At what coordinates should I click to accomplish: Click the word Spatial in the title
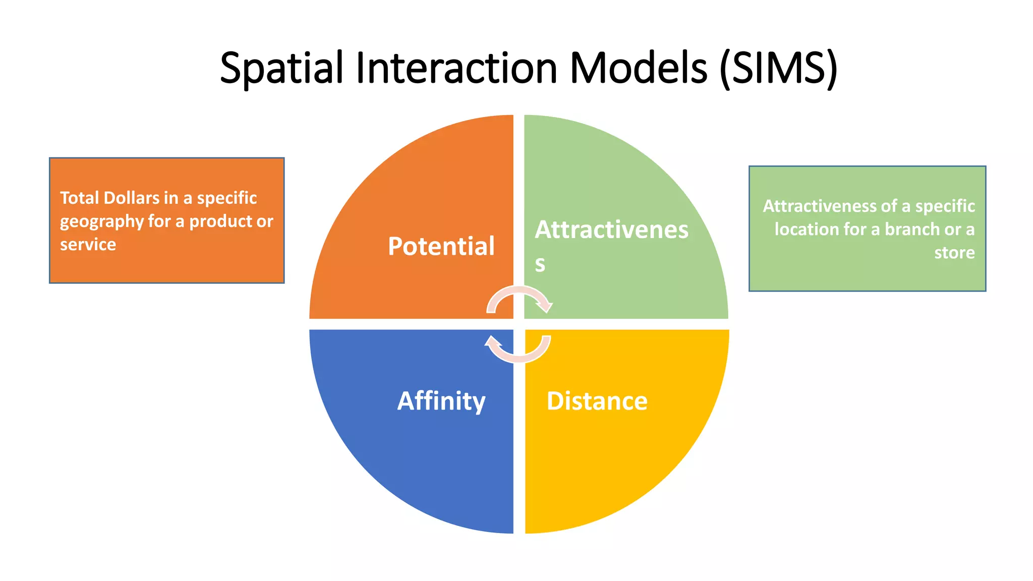point(281,69)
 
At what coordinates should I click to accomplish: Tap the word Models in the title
point(639,69)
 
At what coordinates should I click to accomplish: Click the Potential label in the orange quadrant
point(441,247)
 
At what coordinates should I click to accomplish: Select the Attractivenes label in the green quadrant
point(611,230)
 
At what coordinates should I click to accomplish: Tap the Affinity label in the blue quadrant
point(441,401)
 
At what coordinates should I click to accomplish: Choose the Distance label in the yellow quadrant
point(597,401)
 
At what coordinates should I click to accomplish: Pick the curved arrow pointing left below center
point(518,351)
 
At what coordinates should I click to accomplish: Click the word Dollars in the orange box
point(131,198)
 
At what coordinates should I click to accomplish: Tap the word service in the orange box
point(88,245)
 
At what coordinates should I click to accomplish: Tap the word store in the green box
point(954,253)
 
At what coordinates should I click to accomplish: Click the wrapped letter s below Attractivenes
point(540,264)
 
